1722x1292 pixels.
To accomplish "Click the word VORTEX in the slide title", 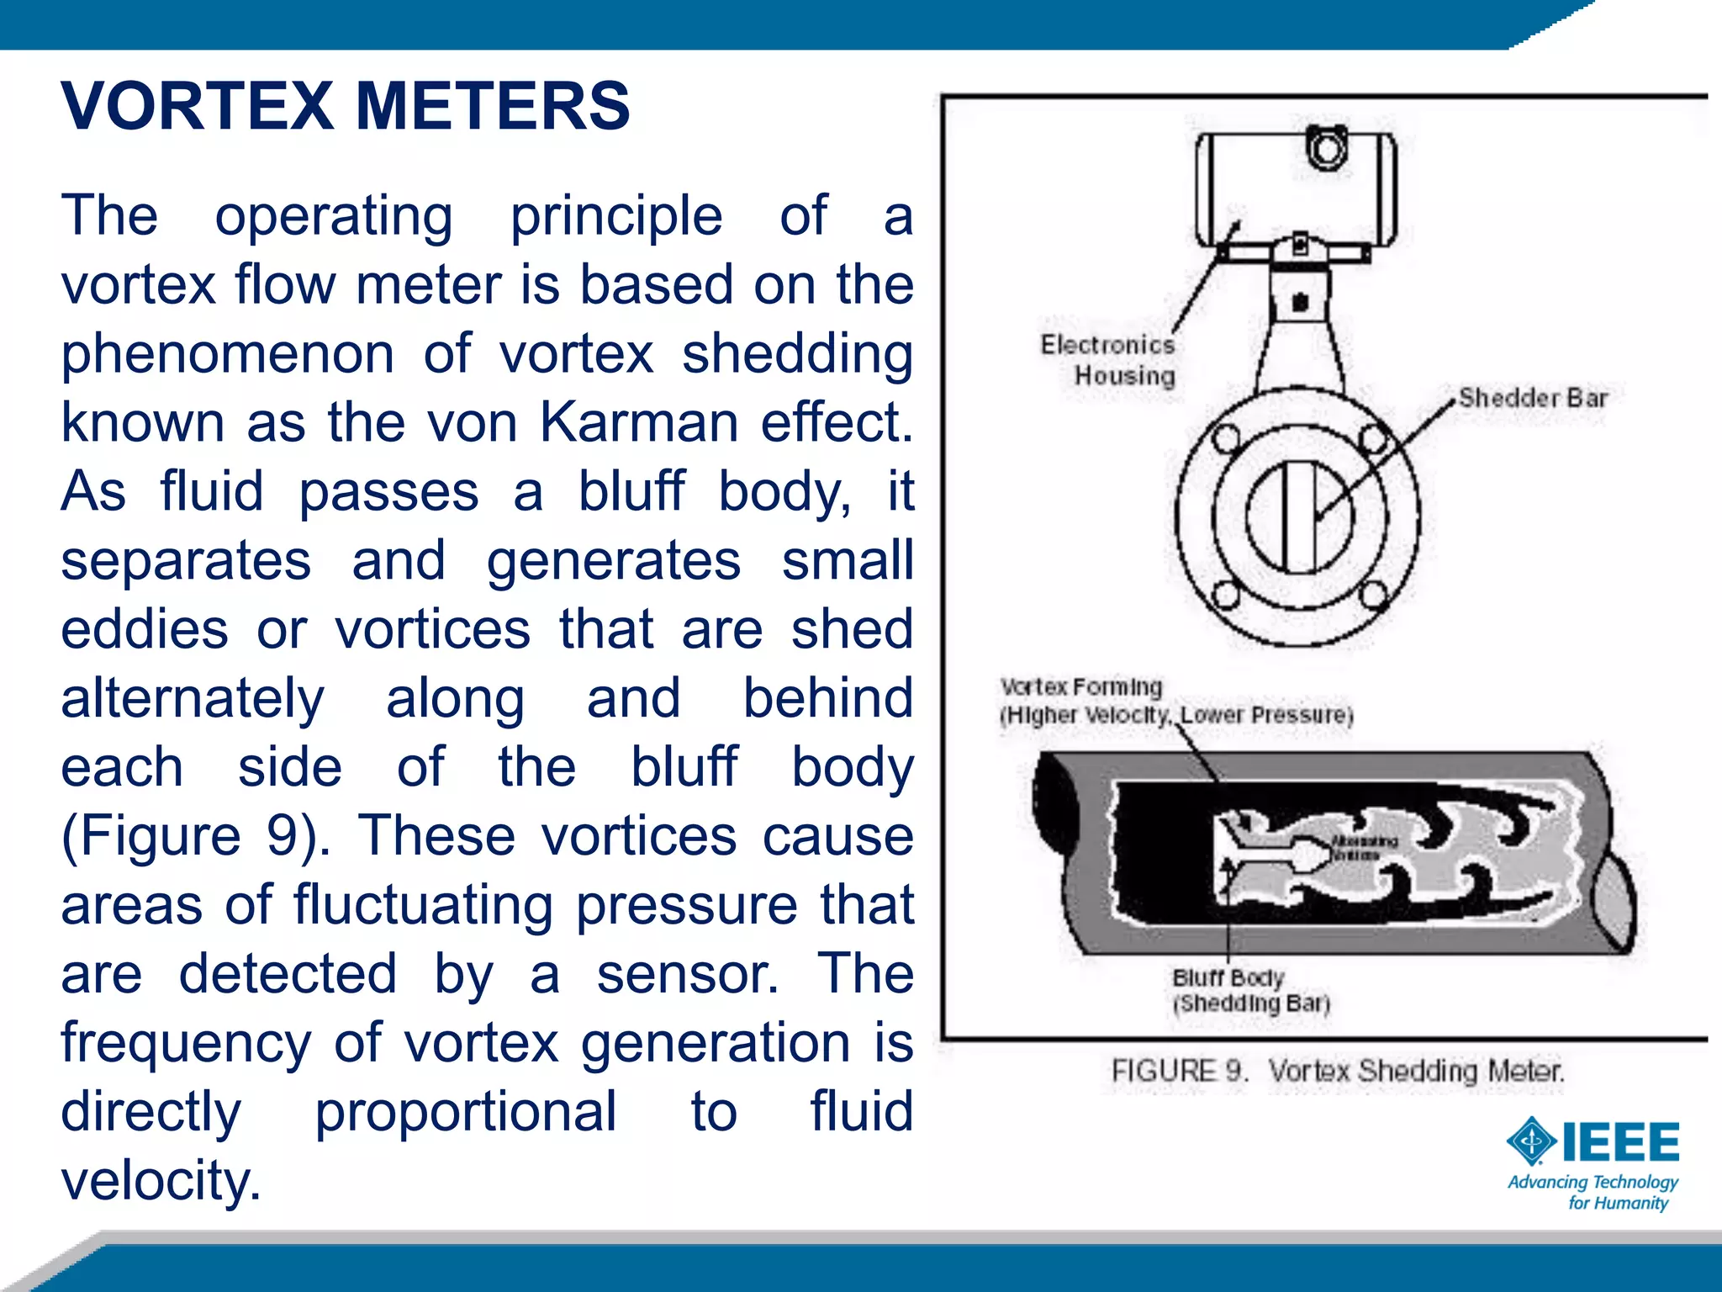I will [198, 107].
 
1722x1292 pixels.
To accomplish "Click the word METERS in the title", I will [493, 107].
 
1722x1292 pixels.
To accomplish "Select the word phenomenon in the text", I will [227, 353].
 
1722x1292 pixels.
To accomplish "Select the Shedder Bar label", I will [1532, 398].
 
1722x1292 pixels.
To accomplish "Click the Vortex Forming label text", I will [1081, 687].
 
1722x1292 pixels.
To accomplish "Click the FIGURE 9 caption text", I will [1337, 1072].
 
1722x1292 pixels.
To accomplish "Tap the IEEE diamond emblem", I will [1531, 1141].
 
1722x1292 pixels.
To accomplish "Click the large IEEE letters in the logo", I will [1620, 1142].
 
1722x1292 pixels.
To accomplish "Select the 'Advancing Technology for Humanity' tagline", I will [1593, 1193].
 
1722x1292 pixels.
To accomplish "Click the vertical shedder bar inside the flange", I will [1299, 517].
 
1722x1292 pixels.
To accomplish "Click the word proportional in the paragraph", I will [466, 1111].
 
